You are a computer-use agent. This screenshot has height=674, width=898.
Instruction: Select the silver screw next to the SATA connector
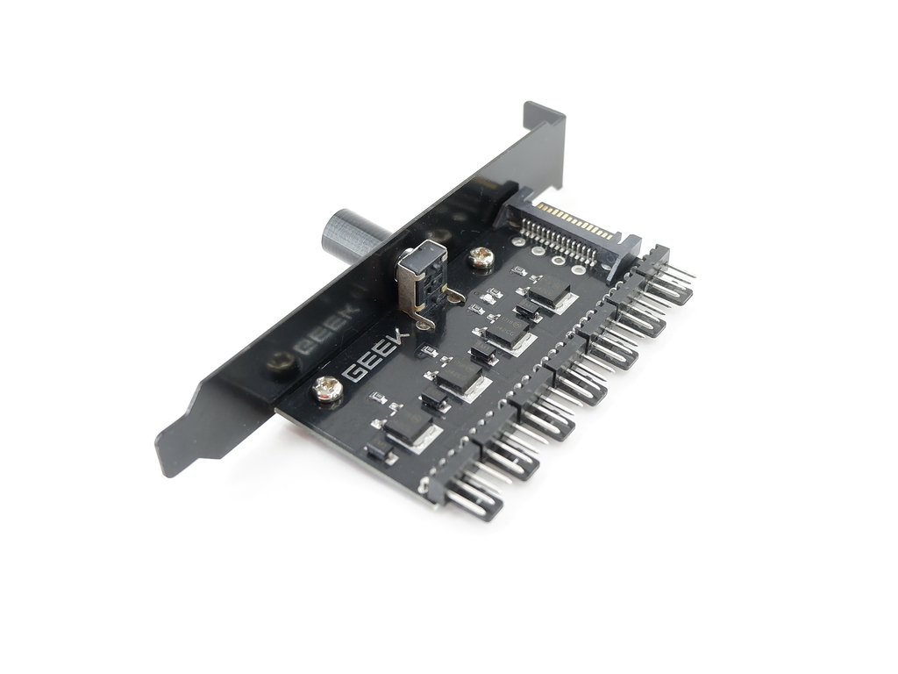[x=480, y=258]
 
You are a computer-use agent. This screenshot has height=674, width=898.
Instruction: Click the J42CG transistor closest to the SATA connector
[x=549, y=290]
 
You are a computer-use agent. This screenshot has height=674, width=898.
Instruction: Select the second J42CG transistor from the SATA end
[x=508, y=332]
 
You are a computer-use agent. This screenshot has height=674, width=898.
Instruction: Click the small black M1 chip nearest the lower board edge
[x=379, y=452]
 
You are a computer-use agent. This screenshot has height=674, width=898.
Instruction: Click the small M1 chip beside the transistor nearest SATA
[x=529, y=309]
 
